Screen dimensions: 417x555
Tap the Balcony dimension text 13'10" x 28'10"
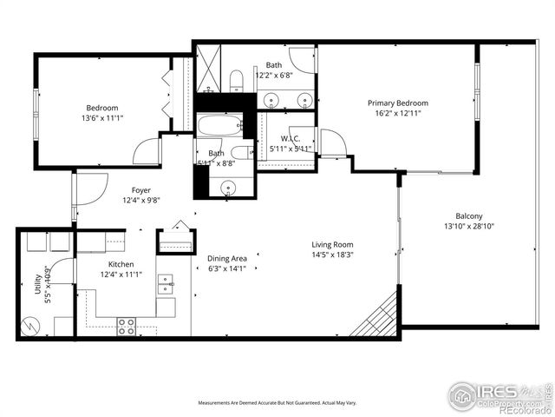pyautogui.click(x=468, y=227)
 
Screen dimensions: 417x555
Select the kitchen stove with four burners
pyautogui.click(x=126, y=326)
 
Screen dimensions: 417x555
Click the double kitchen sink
pyautogui.click(x=165, y=281)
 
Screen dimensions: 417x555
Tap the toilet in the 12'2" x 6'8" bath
pyautogui.click(x=236, y=82)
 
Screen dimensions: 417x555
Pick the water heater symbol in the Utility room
pyautogui.click(x=30, y=325)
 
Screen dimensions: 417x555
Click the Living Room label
pyautogui.click(x=332, y=245)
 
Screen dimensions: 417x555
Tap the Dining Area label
pyautogui.click(x=226, y=258)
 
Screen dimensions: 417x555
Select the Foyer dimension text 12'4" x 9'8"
pyautogui.click(x=140, y=200)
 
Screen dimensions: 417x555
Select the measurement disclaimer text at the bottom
pyautogui.click(x=277, y=403)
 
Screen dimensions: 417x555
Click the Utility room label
pyautogui.click(x=38, y=287)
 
